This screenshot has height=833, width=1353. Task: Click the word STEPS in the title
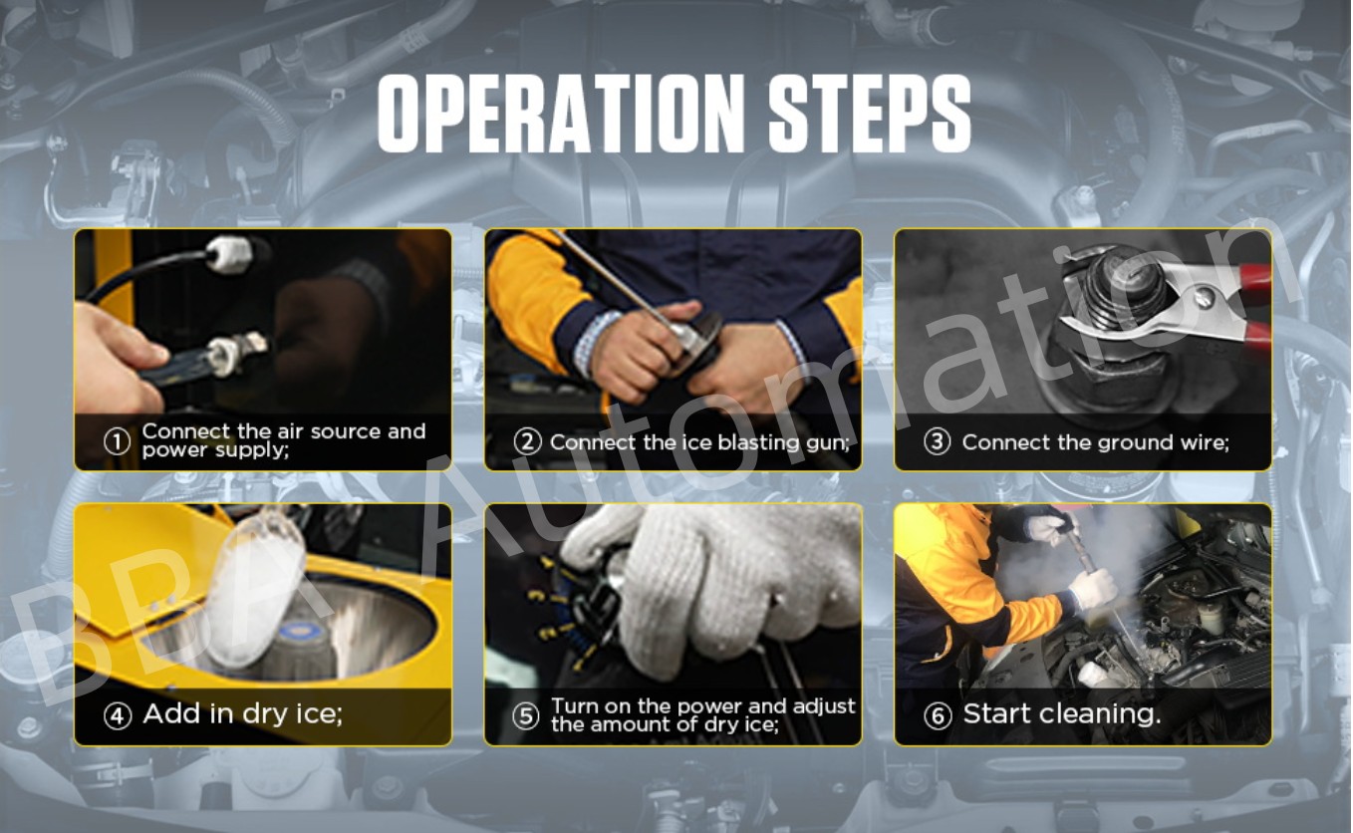click(870, 113)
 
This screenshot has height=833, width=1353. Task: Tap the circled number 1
click(117, 441)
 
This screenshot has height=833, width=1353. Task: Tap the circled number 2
click(527, 441)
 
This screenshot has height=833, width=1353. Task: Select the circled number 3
click(937, 441)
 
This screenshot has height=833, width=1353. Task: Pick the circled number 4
click(118, 715)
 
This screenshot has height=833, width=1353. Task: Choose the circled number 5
click(525, 715)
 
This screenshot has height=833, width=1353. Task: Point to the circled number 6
click(938, 715)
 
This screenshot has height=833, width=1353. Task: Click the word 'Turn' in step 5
click(575, 705)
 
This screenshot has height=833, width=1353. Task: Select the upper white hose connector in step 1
click(228, 254)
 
